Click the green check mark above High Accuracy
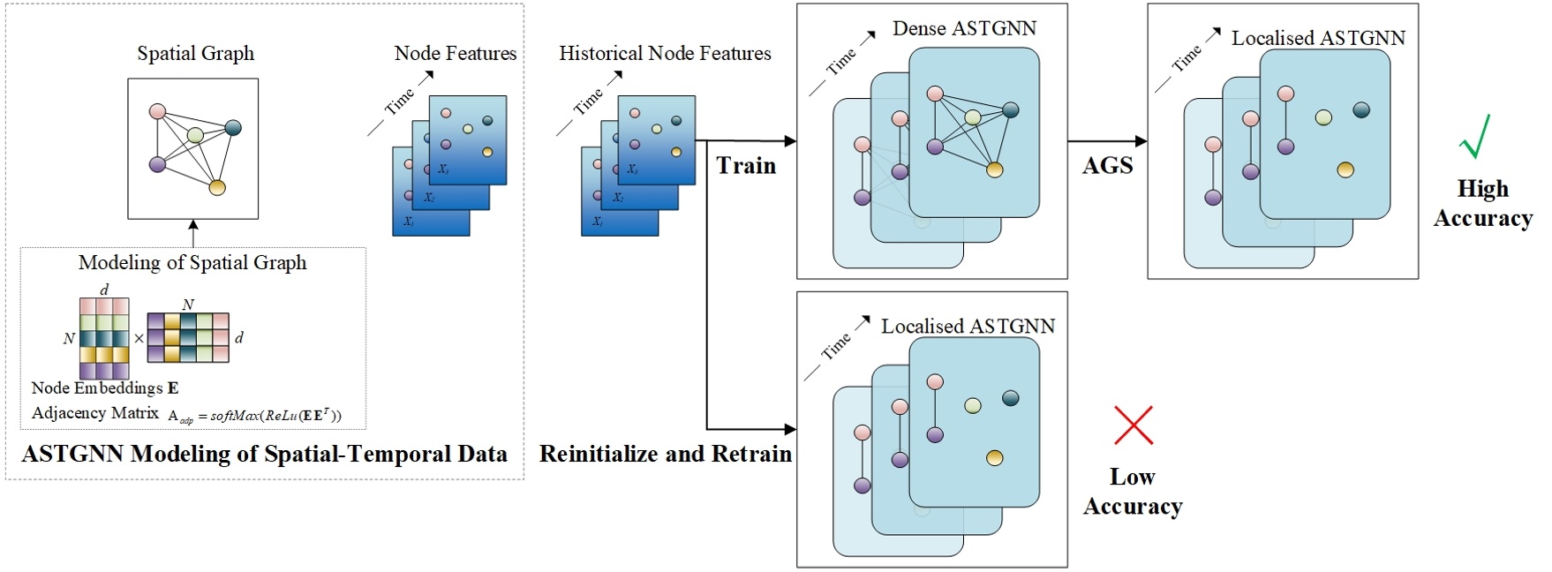pos(1475,137)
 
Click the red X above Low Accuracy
pos(1134,425)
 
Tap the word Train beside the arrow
pos(746,166)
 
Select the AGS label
pos(1107,166)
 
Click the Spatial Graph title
pos(195,54)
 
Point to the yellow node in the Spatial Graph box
pos(217,187)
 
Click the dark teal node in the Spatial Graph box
pos(233,128)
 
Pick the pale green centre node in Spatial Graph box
pos(196,135)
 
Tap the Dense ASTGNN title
pos(964,29)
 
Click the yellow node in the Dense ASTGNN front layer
pos(995,169)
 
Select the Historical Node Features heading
pos(665,54)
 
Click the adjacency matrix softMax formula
pos(254,415)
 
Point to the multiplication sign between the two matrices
pos(139,338)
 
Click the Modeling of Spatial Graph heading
pos(192,263)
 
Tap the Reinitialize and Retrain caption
pos(665,454)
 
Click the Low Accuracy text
pos(1133,492)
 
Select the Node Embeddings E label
pos(104,388)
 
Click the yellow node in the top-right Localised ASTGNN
pos(1345,169)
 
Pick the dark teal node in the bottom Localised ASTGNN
pos(1011,398)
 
